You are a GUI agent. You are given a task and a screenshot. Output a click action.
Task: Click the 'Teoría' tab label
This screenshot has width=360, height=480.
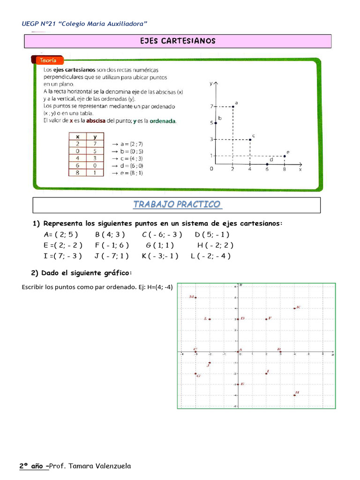(x=48, y=60)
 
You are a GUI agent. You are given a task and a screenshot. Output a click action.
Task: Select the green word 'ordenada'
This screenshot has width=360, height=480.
(x=162, y=120)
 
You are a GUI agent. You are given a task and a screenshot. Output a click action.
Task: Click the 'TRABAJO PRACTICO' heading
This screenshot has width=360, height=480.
(x=177, y=204)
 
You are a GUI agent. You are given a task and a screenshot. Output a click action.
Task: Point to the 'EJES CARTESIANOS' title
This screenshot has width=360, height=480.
(x=178, y=41)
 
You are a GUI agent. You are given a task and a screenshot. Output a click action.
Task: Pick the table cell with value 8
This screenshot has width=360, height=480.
(x=77, y=172)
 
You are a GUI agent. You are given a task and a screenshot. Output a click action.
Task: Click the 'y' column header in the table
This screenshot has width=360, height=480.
(x=95, y=136)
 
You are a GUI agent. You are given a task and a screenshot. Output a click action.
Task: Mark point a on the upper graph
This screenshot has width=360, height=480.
(x=233, y=106)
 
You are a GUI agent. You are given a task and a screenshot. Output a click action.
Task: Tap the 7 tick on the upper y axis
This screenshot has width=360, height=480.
(x=212, y=106)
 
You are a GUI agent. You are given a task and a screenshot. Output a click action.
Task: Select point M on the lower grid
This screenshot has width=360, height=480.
(x=195, y=298)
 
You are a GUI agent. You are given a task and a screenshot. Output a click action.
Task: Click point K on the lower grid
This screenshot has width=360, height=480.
(x=294, y=308)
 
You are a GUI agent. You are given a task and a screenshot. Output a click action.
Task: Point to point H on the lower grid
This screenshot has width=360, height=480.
(x=294, y=395)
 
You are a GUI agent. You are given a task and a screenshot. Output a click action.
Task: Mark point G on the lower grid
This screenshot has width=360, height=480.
(x=195, y=374)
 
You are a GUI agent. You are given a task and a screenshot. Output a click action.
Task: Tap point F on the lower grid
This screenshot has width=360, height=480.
(x=266, y=319)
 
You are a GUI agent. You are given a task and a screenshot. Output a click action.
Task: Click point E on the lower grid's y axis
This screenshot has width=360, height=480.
(x=238, y=384)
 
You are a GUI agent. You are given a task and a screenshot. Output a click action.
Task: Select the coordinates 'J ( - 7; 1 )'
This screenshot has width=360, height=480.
(x=112, y=256)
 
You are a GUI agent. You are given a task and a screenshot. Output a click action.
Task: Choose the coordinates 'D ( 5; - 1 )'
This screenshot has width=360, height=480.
(x=212, y=234)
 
